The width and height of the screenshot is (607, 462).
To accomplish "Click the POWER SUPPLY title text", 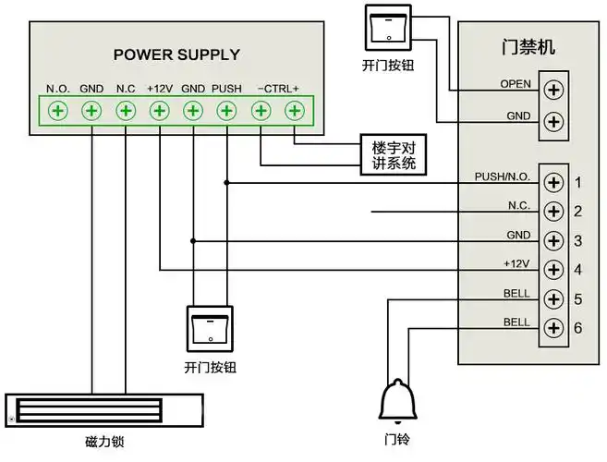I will [176, 55].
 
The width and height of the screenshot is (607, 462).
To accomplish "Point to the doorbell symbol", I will [395, 400].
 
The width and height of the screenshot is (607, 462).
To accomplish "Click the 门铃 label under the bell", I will [395, 439].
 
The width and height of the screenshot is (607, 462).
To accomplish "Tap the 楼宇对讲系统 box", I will [394, 156].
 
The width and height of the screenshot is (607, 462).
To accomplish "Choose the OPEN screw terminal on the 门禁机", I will [553, 90].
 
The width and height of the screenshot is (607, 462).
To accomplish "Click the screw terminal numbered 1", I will [553, 182].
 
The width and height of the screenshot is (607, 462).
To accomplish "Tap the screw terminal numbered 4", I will [553, 270].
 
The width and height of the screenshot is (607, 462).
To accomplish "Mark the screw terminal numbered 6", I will [553, 328].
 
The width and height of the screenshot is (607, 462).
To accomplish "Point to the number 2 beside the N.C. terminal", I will [577, 213].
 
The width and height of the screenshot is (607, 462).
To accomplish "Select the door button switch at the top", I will [389, 27].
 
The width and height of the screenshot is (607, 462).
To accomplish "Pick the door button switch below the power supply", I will [211, 328].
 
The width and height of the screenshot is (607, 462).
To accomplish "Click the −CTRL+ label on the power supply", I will [278, 89].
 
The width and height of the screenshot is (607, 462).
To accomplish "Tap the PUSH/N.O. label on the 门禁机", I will [502, 176].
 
